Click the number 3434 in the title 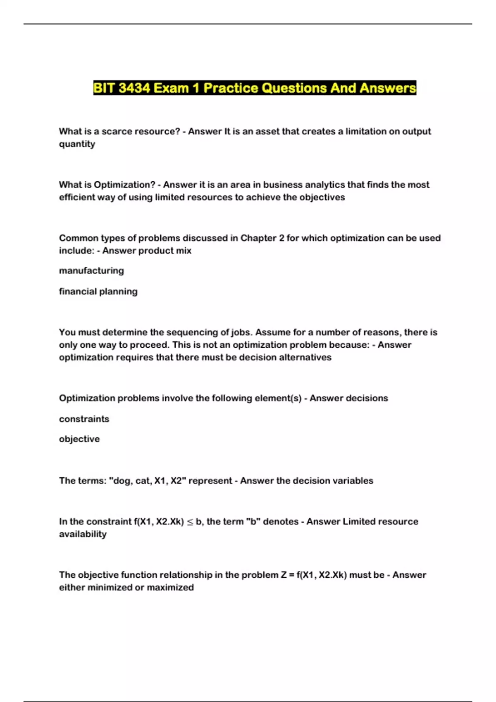(x=134, y=88)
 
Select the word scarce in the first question (x=116, y=131)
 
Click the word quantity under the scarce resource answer (x=77, y=144)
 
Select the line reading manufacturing (x=91, y=271)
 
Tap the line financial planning (x=98, y=292)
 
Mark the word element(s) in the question (x=278, y=398)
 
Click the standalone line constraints (x=84, y=419)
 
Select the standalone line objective (x=79, y=439)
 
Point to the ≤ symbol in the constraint (x=190, y=522)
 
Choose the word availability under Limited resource (x=83, y=534)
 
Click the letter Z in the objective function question (x=284, y=575)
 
